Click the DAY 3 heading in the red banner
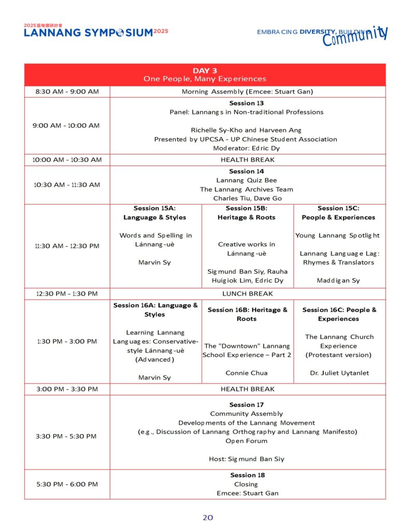point(205,70)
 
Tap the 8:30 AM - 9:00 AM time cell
point(67,92)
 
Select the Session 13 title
point(246,103)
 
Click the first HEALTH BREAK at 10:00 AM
point(247,159)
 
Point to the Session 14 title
point(246,171)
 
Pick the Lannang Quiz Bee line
point(246,181)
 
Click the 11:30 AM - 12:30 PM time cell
point(67,246)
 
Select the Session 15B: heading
point(246,208)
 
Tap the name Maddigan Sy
point(338,281)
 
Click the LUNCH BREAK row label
point(247,293)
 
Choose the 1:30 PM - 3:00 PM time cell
point(67,342)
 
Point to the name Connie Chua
point(246,373)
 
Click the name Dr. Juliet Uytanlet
point(338,373)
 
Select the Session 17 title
point(246,405)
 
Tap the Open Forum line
point(246,441)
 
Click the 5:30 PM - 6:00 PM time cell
point(67,484)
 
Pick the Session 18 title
point(246,475)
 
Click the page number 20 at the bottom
point(207,518)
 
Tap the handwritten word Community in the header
point(355,37)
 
